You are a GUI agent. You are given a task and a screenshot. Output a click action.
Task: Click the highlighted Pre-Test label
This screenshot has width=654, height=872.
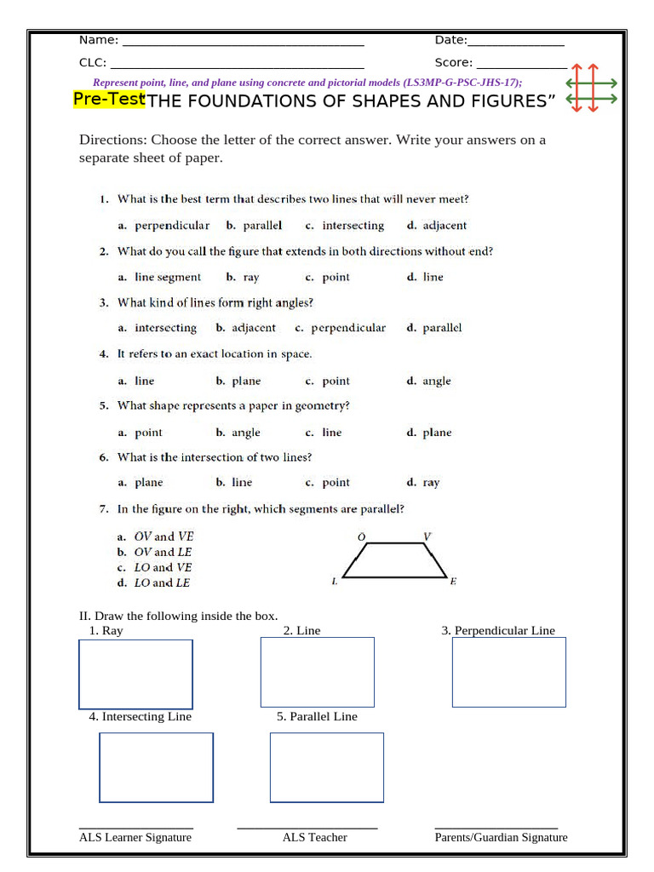pos(109,100)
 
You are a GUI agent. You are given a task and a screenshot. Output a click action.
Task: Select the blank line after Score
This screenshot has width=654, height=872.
pos(521,65)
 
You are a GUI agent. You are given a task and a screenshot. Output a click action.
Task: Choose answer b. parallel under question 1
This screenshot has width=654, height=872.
pos(254,226)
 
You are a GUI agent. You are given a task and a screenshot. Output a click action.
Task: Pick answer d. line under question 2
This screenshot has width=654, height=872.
pos(425,277)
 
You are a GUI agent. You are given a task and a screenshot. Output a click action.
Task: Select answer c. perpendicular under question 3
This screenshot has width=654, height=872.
pos(340,328)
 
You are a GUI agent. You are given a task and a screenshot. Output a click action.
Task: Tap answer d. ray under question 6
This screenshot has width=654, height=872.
pos(423,483)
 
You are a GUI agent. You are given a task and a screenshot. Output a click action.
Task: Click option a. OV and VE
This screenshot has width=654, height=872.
pos(156,536)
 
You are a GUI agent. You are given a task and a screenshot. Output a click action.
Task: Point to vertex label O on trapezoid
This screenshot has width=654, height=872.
pos(361,536)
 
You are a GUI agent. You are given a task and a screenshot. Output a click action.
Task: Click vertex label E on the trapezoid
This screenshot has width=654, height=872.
pos(453,582)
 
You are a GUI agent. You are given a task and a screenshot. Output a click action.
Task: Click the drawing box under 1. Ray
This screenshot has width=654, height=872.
pos(135,674)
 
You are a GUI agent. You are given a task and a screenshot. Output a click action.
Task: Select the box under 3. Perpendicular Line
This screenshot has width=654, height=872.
pos(508,672)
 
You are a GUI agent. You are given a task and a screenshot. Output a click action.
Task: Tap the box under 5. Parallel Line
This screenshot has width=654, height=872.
pos(326,767)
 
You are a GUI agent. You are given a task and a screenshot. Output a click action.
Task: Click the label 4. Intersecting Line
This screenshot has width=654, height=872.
pos(140,716)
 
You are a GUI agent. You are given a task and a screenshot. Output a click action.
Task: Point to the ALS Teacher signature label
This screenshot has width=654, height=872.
pos(314,837)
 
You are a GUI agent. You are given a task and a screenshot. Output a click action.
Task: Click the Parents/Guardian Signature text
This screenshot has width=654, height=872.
pos(501,837)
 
